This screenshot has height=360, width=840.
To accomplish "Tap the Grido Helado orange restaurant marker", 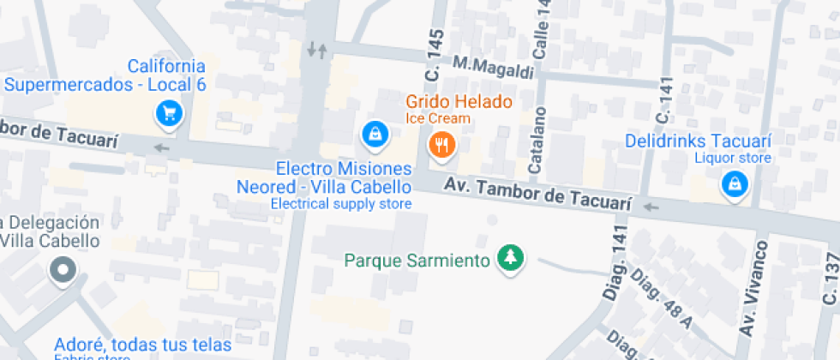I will tap(442, 145).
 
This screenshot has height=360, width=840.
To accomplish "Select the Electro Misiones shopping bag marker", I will tap(373, 133).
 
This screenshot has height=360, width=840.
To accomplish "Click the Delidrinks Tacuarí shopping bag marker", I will tap(734, 183).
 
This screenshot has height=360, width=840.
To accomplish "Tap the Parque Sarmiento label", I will tap(417, 259).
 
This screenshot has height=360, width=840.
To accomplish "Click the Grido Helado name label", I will tap(459, 102).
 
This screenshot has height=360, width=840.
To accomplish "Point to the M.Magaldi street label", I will tap(493, 64).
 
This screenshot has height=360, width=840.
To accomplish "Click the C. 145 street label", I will tap(435, 57).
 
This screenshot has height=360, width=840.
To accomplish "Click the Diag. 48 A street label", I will tap(660, 300).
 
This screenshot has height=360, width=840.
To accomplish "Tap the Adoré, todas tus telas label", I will tap(142, 345).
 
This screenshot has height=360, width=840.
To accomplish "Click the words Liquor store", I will tap(733, 158).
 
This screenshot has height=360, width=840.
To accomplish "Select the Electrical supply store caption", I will tap(341, 204).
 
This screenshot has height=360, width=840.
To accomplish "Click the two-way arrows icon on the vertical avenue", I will tap(317, 50).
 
